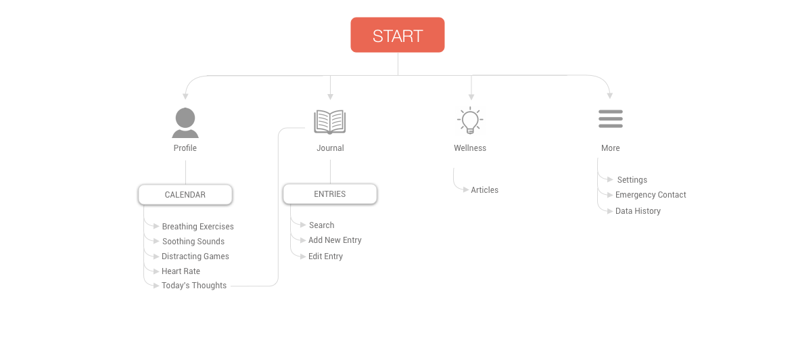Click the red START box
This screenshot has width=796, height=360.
point(398,35)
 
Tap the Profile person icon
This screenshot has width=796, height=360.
point(185,123)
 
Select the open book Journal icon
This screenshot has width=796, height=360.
point(330,122)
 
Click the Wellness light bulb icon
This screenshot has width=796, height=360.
point(470,120)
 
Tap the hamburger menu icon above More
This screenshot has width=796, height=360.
point(611,119)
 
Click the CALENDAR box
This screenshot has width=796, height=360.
point(185,194)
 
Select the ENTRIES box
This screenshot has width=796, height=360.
point(330,194)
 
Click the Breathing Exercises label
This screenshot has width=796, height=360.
point(198,227)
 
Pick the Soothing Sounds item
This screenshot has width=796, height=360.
point(193,241)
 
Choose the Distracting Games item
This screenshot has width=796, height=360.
point(195,256)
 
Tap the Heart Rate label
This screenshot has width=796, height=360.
point(181,271)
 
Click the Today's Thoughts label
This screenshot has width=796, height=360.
point(194,286)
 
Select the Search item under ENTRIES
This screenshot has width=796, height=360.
point(322,225)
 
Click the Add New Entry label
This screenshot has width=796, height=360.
point(335,240)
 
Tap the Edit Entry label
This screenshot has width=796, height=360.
point(325,256)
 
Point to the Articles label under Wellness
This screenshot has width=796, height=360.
point(485,190)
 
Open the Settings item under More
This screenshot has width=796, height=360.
point(632,180)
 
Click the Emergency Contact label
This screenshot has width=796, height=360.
point(651,194)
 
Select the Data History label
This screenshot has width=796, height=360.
point(638,210)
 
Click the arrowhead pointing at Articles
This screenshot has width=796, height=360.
point(466,190)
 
